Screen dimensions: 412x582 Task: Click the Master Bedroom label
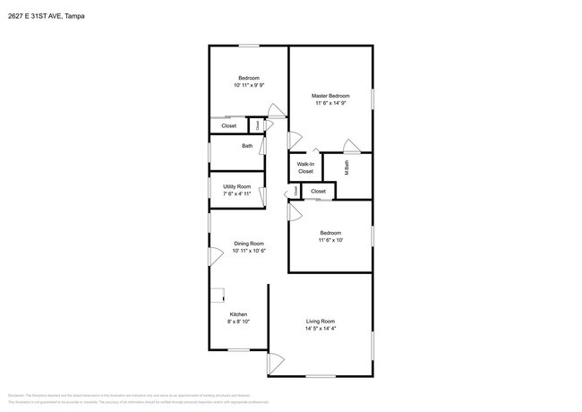coord(330,96)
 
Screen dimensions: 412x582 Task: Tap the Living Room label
coord(320,322)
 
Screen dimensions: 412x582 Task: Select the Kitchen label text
coord(238,314)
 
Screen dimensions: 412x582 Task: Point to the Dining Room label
coord(249,244)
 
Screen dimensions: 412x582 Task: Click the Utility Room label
coord(236,186)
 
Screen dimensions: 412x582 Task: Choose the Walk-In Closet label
coord(305,167)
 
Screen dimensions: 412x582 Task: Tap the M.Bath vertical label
coord(347,166)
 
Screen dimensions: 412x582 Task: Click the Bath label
coord(246,146)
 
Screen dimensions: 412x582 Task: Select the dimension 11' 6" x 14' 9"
coord(330,104)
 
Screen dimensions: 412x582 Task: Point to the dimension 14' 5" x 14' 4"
coord(320,329)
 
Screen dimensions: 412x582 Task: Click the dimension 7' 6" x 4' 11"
coord(236,193)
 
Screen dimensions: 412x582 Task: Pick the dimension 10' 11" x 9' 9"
coord(249,85)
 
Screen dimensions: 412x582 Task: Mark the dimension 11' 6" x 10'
coord(330,240)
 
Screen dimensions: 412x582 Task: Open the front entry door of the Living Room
coord(274,365)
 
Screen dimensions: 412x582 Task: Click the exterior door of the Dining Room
coord(214,255)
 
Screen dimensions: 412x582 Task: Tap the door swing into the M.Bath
coord(352,146)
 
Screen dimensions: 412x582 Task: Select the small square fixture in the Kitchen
coord(217,294)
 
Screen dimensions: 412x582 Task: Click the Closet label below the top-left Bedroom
coord(228,125)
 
